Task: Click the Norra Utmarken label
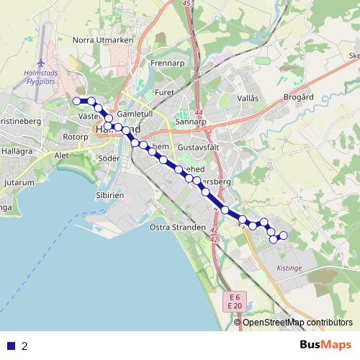(x=104, y=40)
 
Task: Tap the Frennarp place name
(x=169, y=63)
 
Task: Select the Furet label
(x=165, y=93)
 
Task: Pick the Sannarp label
(x=191, y=122)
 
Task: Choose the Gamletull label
(x=135, y=114)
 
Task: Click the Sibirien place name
(x=111, y=195)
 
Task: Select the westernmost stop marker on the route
(x=76, y=100)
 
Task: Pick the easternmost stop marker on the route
(x=283, y=235)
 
